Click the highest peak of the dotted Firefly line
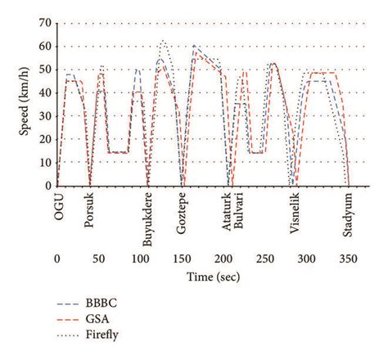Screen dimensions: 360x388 (x=163, y=40)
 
